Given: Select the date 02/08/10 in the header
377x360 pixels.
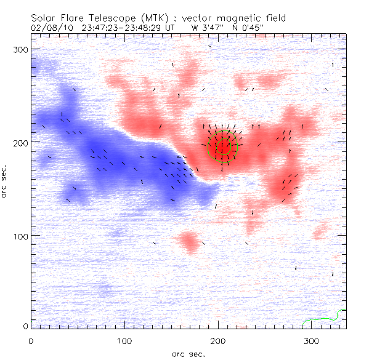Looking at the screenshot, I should pos(51,27).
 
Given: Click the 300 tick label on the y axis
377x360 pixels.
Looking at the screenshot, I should pos(20,49).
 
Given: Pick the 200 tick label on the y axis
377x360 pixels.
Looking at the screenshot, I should pos(20,142).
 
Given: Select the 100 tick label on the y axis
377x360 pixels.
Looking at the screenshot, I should pos(20,236).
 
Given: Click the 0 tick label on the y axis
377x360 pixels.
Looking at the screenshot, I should pos(25,325).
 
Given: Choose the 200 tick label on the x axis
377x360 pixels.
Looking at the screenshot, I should pos(218,340).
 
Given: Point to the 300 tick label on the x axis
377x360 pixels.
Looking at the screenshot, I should pos(312,340).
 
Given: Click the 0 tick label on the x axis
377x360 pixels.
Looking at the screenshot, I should pos(31,340).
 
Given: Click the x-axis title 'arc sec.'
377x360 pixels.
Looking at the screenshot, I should pos(188,354).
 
